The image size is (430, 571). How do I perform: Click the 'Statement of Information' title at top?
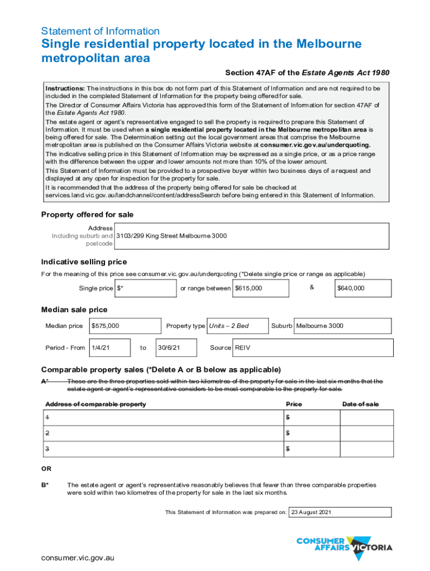[101, 31]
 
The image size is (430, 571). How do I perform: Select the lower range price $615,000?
[249, 288]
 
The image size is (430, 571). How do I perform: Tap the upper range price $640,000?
[351, 288]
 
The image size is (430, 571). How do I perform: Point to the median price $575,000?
[105, 326]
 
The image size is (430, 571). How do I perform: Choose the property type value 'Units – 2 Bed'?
[229, 326]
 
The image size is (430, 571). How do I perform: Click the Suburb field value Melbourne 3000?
[319, 326]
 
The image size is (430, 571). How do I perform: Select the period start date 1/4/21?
[101, 347]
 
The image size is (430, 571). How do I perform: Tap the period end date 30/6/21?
[168, 347]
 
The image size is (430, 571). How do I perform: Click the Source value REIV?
[242, 347]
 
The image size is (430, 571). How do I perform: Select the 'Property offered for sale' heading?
[88, 215]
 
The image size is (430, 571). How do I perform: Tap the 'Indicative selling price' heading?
[84, 262]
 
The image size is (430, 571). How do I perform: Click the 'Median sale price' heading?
[74, 309]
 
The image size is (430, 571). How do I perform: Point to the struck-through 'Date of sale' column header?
[360, 404]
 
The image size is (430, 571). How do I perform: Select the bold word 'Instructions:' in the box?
[65, 89]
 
